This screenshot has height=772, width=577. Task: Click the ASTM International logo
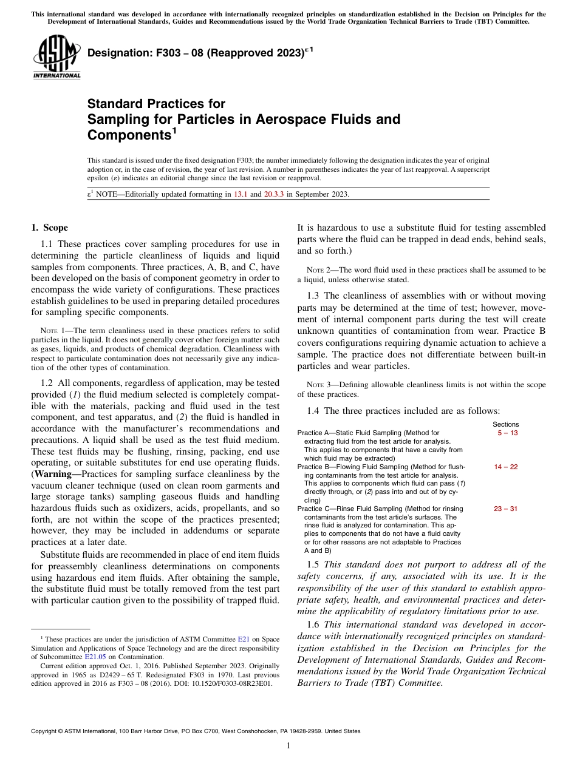(56, 59)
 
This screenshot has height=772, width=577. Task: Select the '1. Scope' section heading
(49, 228)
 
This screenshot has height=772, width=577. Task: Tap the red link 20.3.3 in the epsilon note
(275, 194)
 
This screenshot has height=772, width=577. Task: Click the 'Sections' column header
(505, 424)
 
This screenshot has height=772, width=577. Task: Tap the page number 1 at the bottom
(288, 745)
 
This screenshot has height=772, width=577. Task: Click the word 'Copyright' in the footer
(46, 731)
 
